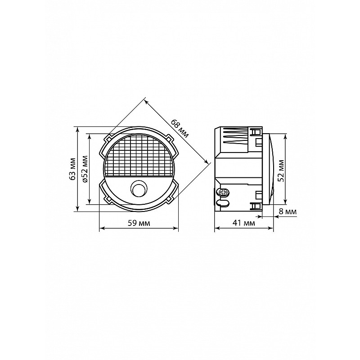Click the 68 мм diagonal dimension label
tap(180, 129)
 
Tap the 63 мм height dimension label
tap(73, 169)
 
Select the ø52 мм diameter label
tap(85, 169)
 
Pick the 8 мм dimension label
tap(288, 211)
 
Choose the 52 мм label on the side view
tap(281, 171)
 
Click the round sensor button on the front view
tap(139, 188)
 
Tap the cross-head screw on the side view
tap(224, 193)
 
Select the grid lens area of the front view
tap(139, 157)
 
